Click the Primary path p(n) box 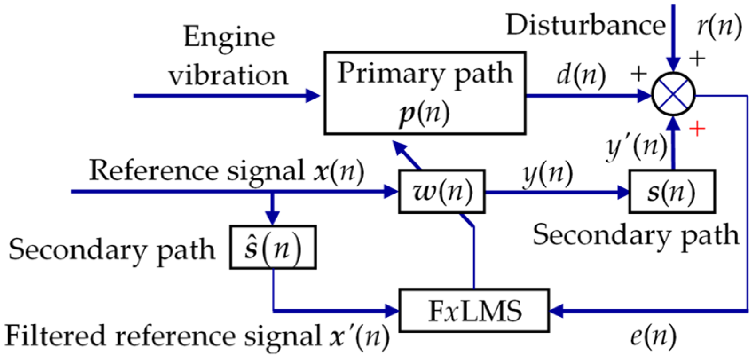point(425,93)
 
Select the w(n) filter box point(441,192)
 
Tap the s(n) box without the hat point(671,192)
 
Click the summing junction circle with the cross point(673,95)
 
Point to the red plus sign point(697,129)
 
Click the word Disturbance point(586,25)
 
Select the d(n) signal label point(581,75)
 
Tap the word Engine point(229,37)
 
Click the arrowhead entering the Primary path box point(313,95)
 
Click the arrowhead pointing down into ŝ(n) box point(272,218)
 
